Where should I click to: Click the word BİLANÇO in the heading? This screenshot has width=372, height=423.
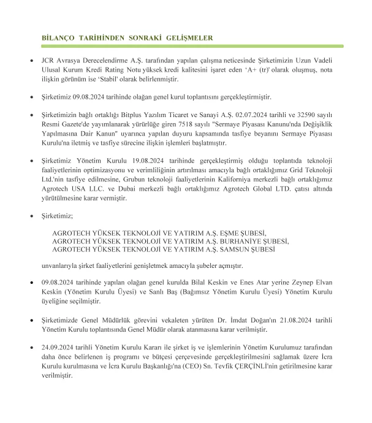(x=58, y=37)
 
